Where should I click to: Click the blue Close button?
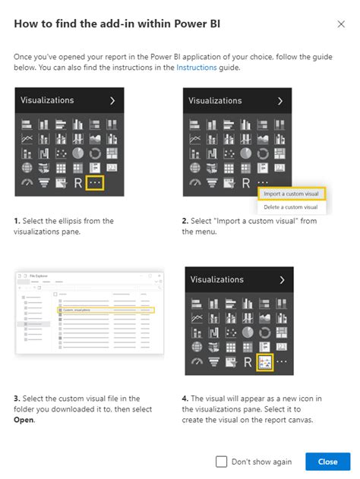(327, 461)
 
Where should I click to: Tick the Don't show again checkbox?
(222, 461)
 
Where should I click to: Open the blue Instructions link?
(197, 68)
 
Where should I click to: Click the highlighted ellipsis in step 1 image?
(94, 183)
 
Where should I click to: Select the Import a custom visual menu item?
(290, 194)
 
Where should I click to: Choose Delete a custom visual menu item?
(290, 207)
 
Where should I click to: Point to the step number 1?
(17, 221)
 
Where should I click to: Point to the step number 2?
(185, 221)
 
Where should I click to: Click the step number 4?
(185, 397)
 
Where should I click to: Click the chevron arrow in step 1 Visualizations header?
(112, 100)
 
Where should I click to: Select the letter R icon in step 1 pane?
(77, 183)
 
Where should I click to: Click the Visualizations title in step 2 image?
(215, 100)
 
